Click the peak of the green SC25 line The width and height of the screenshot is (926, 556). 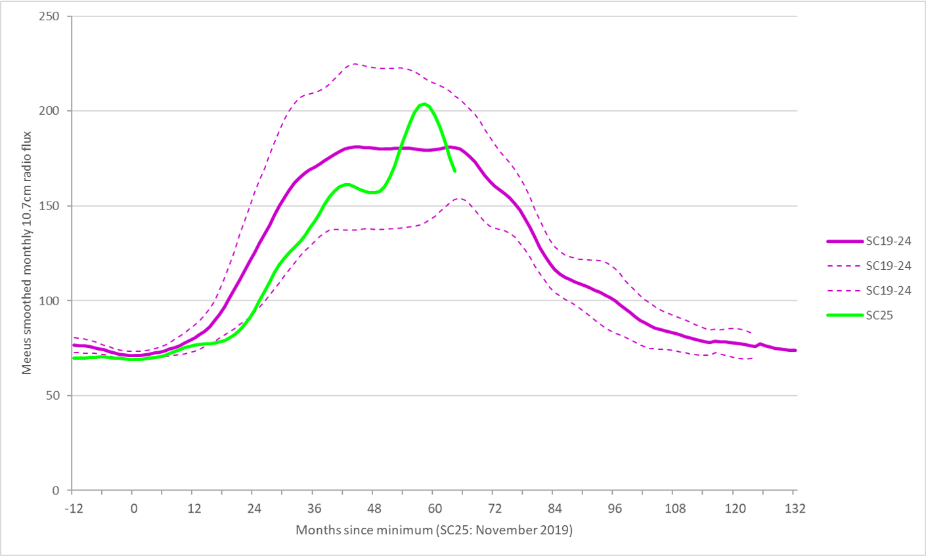[424, 104]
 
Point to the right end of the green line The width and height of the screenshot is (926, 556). [455, 171]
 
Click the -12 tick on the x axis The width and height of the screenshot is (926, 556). [72, 508]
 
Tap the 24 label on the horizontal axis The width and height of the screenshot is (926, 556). [252, 508]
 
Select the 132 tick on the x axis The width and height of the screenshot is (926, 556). [793, 508]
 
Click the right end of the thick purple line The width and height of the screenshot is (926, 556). [795, 350]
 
